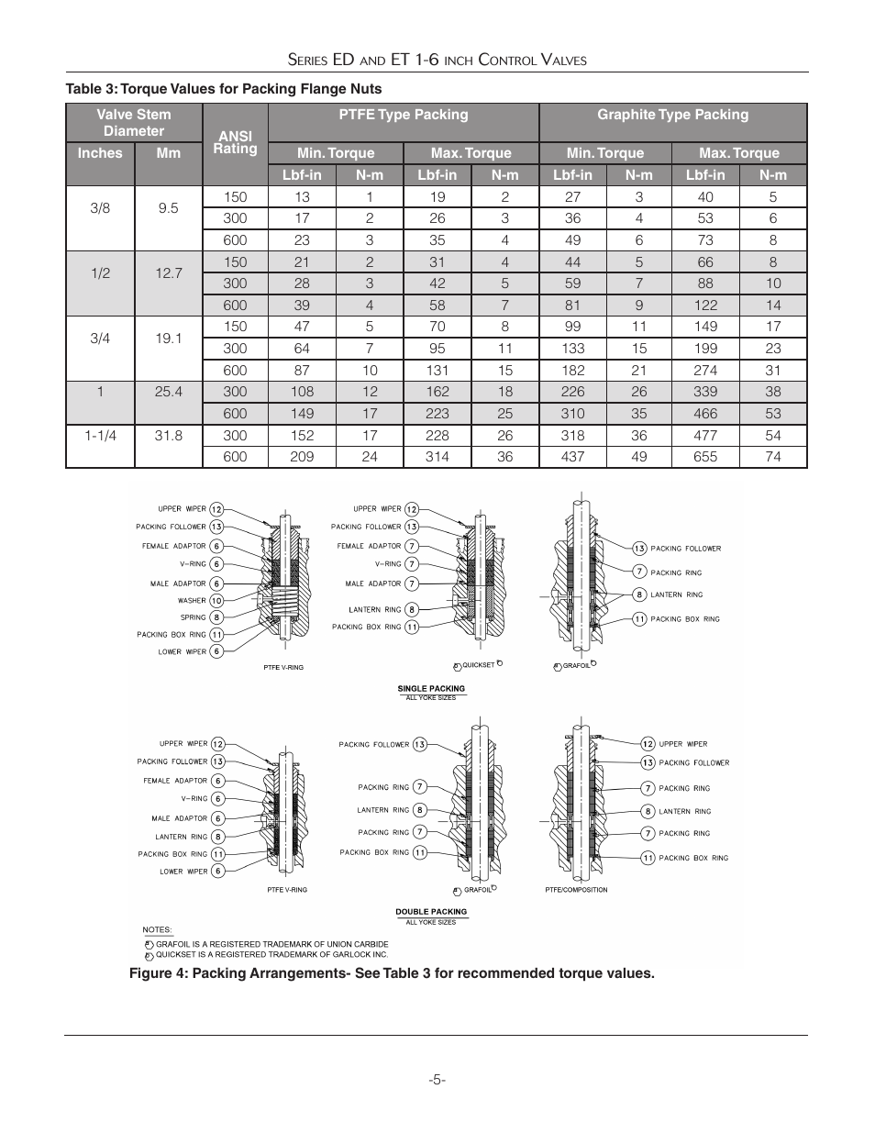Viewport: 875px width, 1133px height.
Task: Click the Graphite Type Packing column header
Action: point(672,115)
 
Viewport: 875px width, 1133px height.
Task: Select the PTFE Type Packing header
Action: point(403,115)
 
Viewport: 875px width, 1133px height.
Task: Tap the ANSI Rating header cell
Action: point(235,142)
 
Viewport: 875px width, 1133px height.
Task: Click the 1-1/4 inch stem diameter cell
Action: point(100,436)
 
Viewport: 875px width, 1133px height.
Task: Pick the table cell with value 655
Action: point(704,457)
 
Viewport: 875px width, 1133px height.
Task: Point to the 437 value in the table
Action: point(572,457)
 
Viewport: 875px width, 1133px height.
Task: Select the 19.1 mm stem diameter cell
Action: point(169,339)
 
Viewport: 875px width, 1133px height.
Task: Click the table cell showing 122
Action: point(704,305)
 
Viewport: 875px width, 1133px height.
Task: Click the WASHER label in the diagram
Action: point(192,601)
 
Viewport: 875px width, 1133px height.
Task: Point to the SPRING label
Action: point(193,617)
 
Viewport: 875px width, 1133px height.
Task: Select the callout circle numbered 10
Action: point(216,601)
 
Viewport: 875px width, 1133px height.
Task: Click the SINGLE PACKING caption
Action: point(431,688)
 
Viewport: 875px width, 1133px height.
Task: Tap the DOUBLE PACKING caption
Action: point(431,912)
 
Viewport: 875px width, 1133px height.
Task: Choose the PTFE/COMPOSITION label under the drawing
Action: point(576,890)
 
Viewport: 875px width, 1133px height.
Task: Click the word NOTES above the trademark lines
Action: point(157,930)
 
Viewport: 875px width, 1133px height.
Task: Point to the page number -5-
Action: point(437,1079)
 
